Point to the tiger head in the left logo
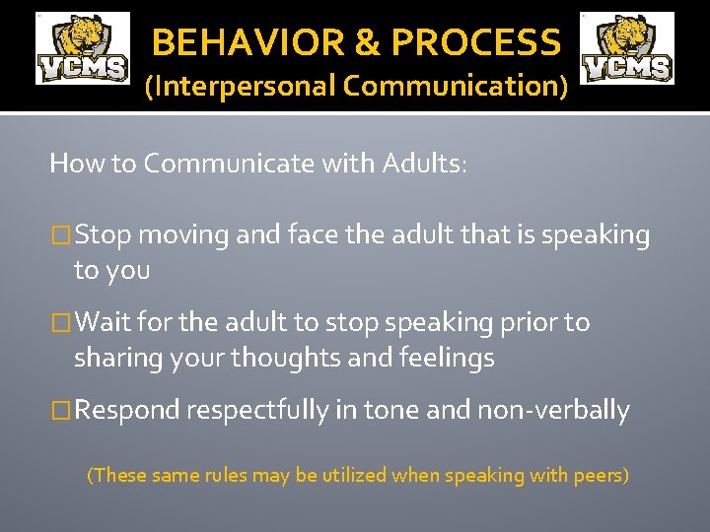point(84,34)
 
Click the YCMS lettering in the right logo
point(628,67)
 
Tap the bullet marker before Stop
point(61,235)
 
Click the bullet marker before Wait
point(61,323)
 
